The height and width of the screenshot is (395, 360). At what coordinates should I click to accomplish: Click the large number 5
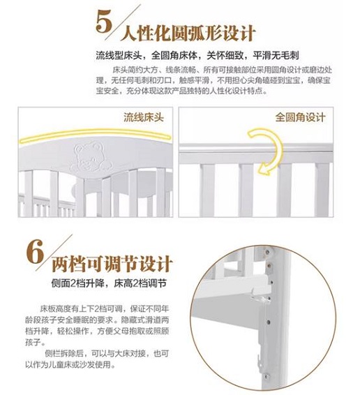(x=104, y=22)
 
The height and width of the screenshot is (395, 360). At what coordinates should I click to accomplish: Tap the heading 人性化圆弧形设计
(x=188, y=33)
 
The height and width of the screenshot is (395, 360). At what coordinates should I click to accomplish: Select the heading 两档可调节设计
(x=112, y=264)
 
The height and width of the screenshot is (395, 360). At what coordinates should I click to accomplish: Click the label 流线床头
(x=144, y=117)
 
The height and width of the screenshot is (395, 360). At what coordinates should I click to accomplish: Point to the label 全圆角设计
(x=300, y=117)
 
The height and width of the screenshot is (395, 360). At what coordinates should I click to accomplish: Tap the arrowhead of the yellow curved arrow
(x=264, y=170)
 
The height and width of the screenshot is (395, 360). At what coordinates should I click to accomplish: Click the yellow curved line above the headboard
(x=96, y=134)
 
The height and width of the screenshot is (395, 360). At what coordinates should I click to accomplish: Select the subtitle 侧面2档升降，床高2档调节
(x=109, y=283)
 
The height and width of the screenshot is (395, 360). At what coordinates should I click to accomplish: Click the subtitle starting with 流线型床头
(x=197, y=55)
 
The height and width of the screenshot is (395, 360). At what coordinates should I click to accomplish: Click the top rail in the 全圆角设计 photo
(x=256, y=151)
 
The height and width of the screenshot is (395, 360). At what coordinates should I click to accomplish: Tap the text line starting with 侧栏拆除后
(x=106, y=353)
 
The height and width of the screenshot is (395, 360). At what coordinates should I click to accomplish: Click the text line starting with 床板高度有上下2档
(x=104, y=309)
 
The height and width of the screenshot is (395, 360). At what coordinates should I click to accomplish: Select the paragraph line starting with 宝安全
(x=181, y=91)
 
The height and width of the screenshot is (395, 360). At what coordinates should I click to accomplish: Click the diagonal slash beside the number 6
(x=54, y=253)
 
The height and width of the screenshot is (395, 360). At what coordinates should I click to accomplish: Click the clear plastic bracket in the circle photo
(x=259, y=299)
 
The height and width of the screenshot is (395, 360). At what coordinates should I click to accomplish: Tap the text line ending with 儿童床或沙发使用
(x=70, y=364)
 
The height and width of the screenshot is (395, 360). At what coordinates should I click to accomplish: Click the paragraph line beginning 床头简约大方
(x=222, y=70)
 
